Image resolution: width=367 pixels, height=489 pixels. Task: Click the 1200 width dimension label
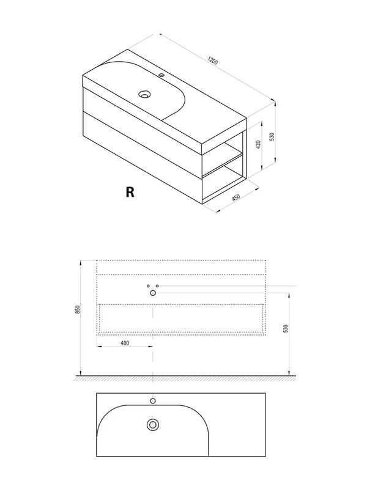[212, 61]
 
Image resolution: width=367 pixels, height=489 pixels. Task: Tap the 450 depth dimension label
[236, 197]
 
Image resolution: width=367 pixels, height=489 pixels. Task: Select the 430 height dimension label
[258, 144]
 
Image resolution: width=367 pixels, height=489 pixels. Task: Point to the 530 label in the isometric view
[272, 136]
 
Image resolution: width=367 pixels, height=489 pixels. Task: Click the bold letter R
[130, 192]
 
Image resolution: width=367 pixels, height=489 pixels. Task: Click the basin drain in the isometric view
[144, 94]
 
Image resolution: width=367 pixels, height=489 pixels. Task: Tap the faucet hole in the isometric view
[161, 75]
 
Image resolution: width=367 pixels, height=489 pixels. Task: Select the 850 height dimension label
[78, 309]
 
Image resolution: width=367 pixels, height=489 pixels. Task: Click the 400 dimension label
[125, 343]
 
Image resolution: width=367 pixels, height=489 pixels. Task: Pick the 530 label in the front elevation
[286, 328]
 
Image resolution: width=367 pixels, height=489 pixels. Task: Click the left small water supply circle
[148, 286]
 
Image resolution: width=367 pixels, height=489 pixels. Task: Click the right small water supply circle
[157, 286]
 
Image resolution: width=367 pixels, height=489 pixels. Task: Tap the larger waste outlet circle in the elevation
[153, 293]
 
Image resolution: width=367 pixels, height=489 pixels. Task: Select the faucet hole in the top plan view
[153, 401]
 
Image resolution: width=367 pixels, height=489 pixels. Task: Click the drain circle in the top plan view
[153, 424]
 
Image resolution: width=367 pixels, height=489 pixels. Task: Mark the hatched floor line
[185, 378]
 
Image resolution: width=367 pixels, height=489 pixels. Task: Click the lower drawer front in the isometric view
[143, 145]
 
